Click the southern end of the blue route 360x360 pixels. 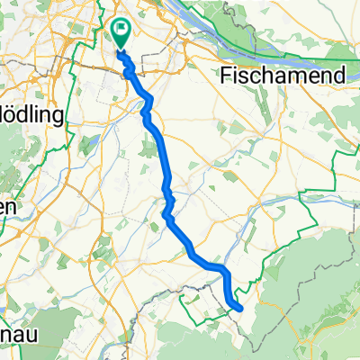240,308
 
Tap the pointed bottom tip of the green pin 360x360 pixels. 121,45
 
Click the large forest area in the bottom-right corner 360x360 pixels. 315,306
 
